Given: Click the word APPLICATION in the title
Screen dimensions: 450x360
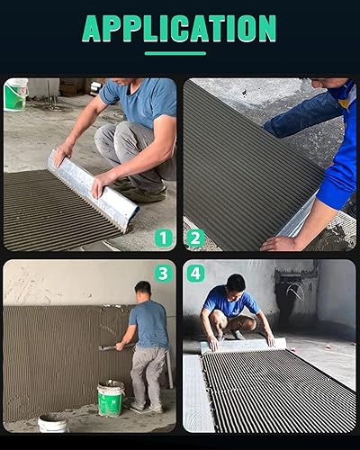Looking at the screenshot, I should [x=179, y=28].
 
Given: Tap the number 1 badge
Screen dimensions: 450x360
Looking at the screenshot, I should [x=163, y=238].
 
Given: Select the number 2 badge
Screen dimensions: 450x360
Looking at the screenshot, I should [x=195, y=238].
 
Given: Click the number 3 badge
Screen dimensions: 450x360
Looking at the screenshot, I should [x=163, y=273].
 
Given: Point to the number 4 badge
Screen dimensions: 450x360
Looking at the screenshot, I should [x=195, y=273].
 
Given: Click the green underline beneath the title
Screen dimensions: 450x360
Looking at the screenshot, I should [x=179, y=52].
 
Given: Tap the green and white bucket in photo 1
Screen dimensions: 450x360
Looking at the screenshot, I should [x=15, y=95].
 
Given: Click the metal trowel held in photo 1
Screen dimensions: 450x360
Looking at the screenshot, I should [x=93, y=190].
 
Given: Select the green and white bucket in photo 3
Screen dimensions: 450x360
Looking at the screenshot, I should [x=111, y=399].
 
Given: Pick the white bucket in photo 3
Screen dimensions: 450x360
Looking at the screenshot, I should [x=52, y=423].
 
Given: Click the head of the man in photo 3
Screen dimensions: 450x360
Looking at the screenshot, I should [x=142, y=290].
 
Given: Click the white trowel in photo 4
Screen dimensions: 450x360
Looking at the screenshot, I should [x=243, y=345].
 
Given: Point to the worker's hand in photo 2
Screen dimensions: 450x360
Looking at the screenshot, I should [x=278, y=243].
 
